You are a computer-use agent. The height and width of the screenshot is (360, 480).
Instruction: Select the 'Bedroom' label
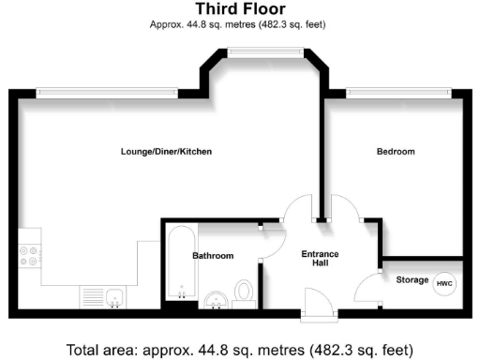(x=395, y=152)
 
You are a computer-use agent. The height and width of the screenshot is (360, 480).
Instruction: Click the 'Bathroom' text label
(x=213, y=256)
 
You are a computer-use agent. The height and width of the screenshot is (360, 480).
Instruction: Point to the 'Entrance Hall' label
(x=320, y=260)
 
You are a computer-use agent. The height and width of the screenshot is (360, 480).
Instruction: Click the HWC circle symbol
(x=443, y=280)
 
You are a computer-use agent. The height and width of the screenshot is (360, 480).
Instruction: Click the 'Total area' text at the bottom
(x=239, y=350)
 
